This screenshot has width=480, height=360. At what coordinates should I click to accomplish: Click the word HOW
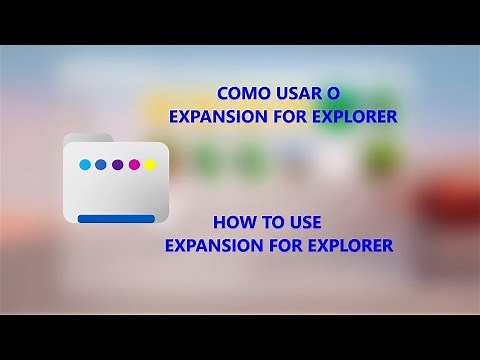[x=235, y=222]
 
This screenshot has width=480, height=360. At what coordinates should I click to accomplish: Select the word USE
[x=303, y=222]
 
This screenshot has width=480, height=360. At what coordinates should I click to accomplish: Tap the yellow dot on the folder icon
[x=150, y=164]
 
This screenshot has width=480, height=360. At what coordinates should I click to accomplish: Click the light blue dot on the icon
[x=84, y=164]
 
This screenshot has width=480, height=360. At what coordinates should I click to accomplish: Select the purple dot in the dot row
[x=117, y=164]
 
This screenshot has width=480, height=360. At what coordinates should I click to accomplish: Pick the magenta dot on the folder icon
[x=134, y=164]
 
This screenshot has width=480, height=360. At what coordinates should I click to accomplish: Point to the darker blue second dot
[x=100, y=164]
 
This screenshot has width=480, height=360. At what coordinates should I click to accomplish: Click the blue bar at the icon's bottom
[x=117, y=218]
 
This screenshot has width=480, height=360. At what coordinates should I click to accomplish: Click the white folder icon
[x=117, y=190]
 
